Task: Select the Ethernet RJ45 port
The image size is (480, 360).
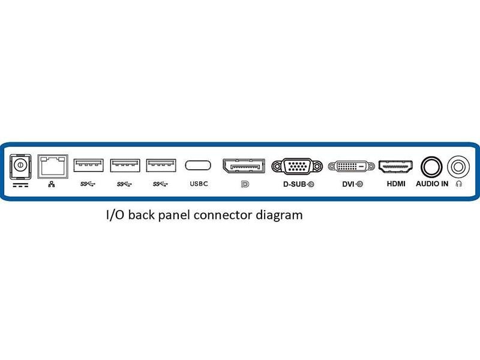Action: tap(52, 165)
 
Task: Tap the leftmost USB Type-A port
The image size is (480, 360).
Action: tap(88, 164)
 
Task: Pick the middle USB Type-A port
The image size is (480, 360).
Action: tap(125, 164)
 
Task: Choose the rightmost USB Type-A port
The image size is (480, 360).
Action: tap(161, 164)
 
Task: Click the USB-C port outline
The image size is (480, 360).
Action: tap(198, 165)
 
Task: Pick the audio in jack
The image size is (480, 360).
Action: tap(431, 166)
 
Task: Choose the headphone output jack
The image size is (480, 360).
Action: tap(459, 166)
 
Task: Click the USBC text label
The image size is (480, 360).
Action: tap(199, 184)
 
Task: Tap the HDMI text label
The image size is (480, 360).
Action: tap(396, 184)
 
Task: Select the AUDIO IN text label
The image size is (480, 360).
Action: tap(432, 184)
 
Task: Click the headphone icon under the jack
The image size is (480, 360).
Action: tap(459, 184)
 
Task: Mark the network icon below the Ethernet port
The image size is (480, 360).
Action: tap(52, 184)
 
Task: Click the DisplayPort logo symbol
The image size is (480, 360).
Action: tap(245, 184)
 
